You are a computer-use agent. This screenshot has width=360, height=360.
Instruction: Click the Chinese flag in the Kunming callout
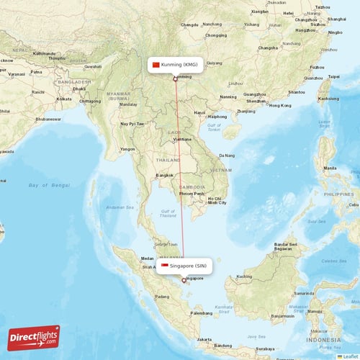tap(155, 65)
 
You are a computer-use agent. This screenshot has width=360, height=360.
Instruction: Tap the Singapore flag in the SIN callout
tap(165, 266)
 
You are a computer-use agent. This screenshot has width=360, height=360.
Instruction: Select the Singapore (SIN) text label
tap(190, 266)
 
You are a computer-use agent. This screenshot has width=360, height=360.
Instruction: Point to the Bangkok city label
tap(164, 175)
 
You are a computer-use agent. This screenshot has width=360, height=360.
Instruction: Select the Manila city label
tap(330, 168)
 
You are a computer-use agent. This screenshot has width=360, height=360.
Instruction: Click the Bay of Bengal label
tap(50, 185)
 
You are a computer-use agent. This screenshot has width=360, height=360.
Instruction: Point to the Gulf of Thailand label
tap(168, 212)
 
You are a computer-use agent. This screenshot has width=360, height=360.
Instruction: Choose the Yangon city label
tap(127, 149)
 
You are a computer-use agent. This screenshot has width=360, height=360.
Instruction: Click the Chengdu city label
tap(190, 24)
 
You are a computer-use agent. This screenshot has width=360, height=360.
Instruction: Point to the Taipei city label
tap(333, 76)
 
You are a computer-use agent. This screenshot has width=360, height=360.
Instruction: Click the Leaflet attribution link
tap(351, 356)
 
